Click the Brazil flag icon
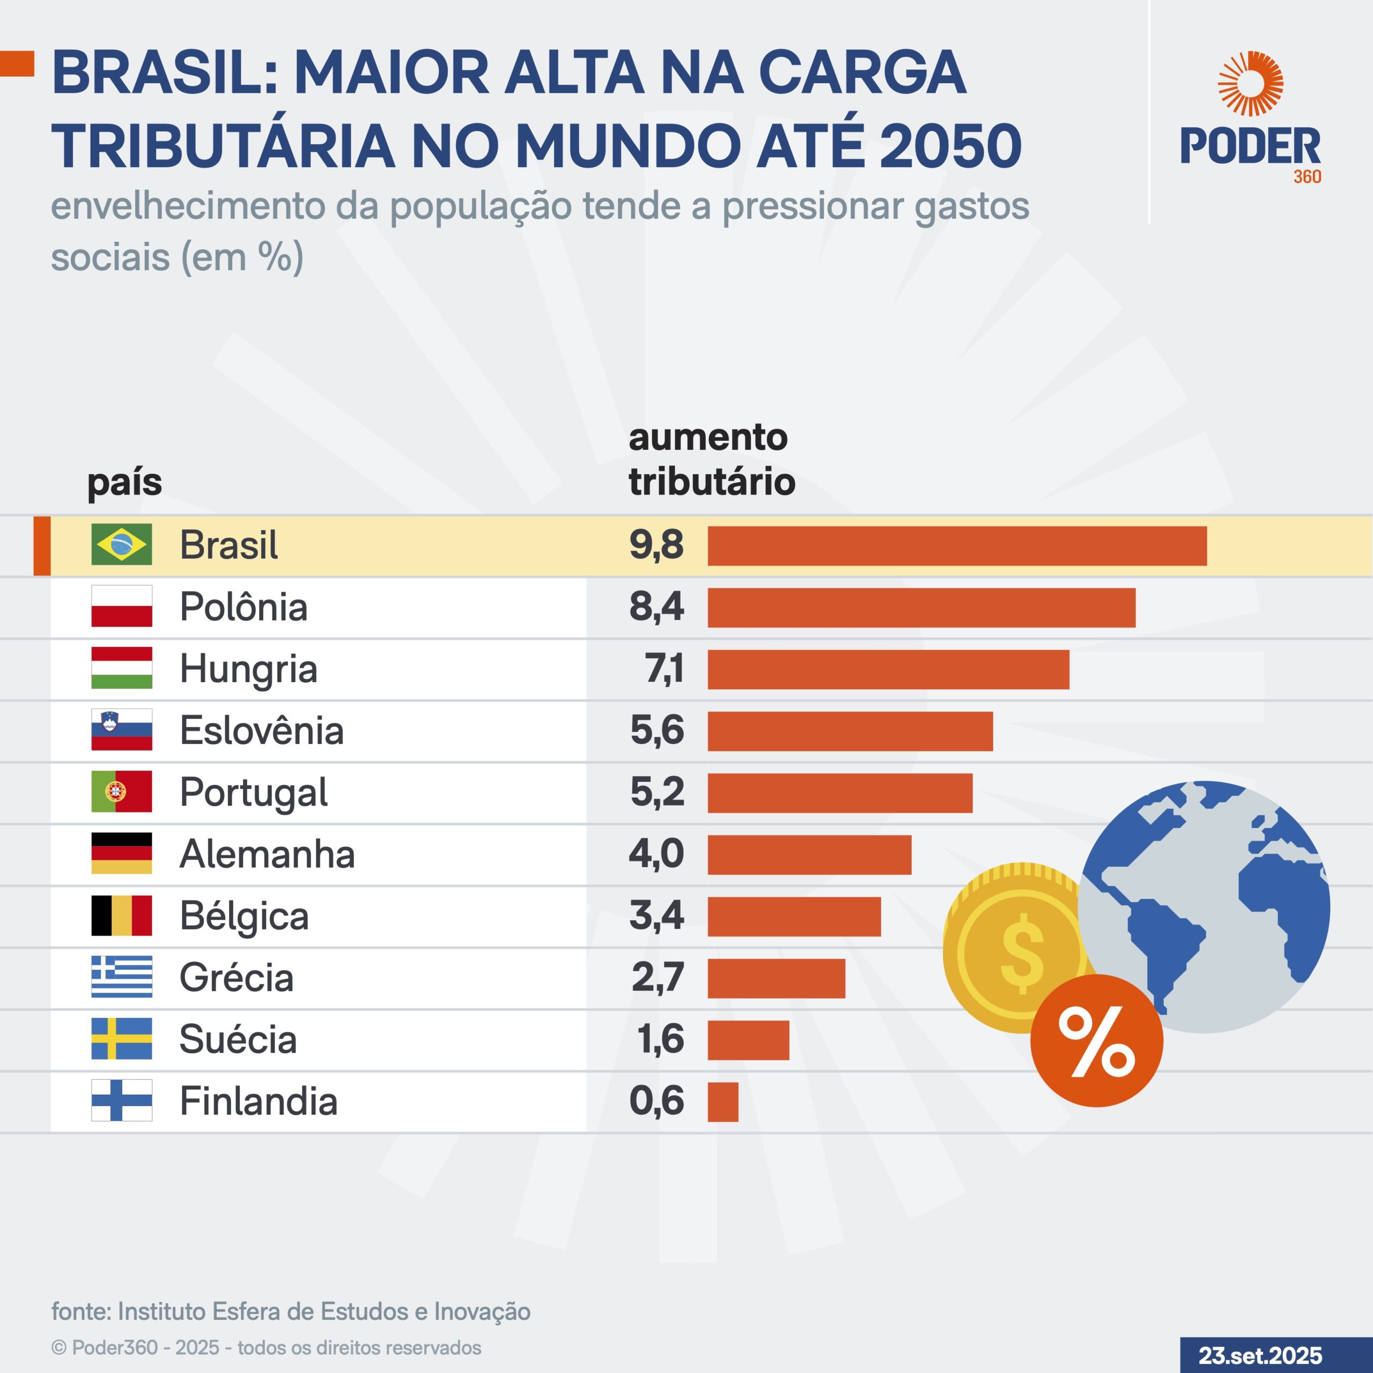(x=122, y=544)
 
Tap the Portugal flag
(x=122, y=791)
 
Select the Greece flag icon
(x=122, y=977)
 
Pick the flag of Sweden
(x=122, y=1038)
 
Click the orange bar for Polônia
(x=921, y=608)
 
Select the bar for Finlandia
(x=723, y=1102)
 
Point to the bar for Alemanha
(x=809, y=855)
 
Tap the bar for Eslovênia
(x=850, y=731)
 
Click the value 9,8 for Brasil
(x=656, y=545)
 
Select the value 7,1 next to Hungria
(x=664, y=669)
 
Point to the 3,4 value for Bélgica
(x=656, y=916)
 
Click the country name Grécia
(x=236, y=977)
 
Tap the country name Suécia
(x=238, y=1039)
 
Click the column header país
(x=124, y=483)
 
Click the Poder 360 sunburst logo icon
(x=1250, y=84)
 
